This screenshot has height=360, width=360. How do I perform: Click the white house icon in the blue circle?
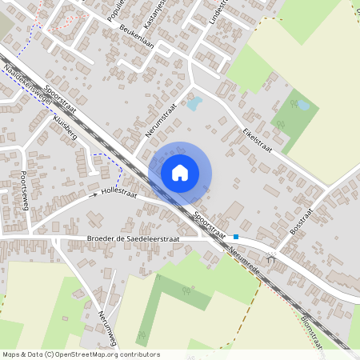[180, 172]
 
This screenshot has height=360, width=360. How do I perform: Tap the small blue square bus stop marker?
[236, 237]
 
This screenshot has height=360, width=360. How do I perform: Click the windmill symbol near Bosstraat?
[273, 258]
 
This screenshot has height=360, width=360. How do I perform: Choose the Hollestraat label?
[119, 193]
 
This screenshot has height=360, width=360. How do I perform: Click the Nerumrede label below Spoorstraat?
[243, 250]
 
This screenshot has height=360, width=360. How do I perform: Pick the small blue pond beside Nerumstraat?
[194, 102]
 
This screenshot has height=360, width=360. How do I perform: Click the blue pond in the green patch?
[302, 105]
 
